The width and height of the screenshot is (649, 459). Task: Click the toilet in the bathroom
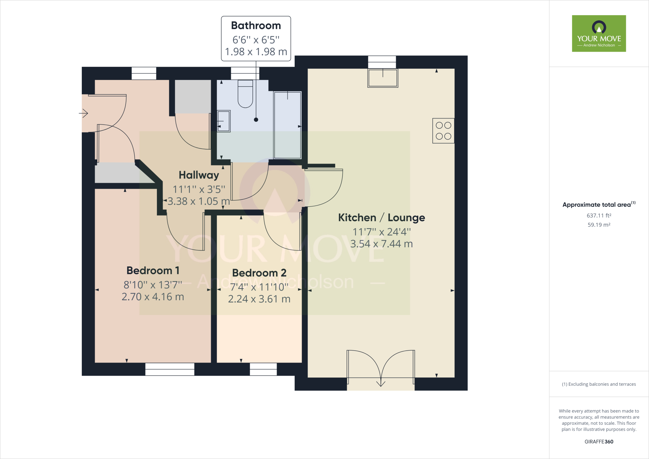tap(245, 94)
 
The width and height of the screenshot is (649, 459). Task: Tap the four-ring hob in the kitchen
tap(443, 131)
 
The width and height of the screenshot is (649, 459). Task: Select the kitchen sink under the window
tap(382, 78)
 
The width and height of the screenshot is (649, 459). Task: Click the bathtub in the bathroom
tap(287, 125)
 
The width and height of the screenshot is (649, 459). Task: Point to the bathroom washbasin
tap(224, 121)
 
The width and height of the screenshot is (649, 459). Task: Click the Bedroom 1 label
tap(153, 270)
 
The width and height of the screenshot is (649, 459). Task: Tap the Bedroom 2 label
tap(259, 273)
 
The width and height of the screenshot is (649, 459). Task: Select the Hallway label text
tap(199, 175)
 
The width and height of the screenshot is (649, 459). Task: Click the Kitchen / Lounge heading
tap(381, 217)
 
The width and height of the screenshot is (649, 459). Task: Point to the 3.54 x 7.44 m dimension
tap(381, 244)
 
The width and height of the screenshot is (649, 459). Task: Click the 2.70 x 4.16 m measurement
tap(153, 297)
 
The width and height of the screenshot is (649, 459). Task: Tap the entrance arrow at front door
tap(84, 113)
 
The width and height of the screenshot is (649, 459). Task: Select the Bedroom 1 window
tap(170, 369)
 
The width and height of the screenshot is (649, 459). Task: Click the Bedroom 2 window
tap(263, 369)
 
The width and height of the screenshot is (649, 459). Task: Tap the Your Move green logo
tap(599, 33)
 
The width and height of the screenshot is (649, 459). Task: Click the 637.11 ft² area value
tap(599, 216)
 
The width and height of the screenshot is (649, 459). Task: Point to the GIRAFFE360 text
tap(599, 442)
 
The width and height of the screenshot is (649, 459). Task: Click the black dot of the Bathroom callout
tap(256, 120)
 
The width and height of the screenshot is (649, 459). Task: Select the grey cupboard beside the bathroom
tap(193, 97)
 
